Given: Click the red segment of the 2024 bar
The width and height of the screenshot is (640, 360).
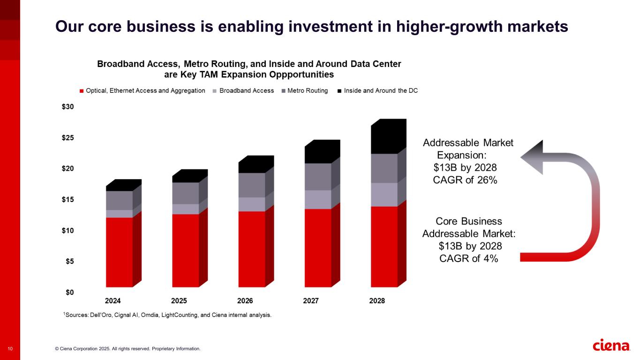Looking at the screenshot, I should pos(119,252).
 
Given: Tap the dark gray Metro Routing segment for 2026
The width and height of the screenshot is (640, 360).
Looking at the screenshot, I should pos(252,185).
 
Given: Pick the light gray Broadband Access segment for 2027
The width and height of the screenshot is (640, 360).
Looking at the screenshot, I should pos(318,199).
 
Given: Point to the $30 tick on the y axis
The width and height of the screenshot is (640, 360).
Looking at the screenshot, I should pos(68,107).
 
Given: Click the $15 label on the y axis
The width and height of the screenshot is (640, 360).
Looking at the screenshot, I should pos(68,200).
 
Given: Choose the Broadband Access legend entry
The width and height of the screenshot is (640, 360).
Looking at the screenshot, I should pos(246,90).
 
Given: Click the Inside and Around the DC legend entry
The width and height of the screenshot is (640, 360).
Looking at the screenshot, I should pos(381,90).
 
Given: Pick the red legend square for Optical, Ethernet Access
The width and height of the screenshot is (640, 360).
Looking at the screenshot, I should pos(82,91).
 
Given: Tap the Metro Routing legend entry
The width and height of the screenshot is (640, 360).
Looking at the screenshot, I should pos(307,90).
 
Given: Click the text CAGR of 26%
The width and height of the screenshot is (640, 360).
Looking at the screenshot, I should pos(465,180).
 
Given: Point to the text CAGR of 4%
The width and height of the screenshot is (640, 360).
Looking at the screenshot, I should pos(468,258).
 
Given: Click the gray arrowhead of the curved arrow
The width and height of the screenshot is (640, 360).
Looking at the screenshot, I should pos(532,157).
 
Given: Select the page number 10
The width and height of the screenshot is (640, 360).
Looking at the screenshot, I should pos(10,349).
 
